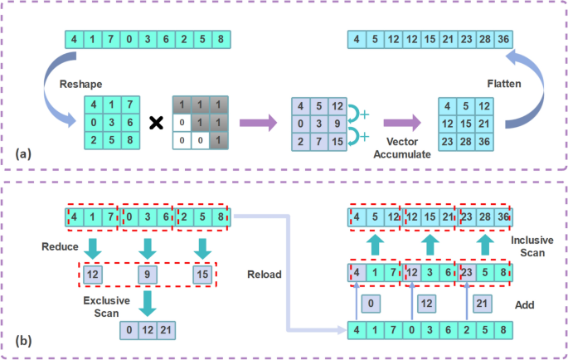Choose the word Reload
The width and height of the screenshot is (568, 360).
pyautogui.click(x=263, y=273)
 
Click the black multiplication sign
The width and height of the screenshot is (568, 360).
pyautogui.click(x=153, y=124)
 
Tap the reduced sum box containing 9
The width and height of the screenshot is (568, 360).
pyautogui.click(x=148, y=273)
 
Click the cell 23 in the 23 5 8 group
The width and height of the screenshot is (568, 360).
pyautogui.click(x=468, y=273)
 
